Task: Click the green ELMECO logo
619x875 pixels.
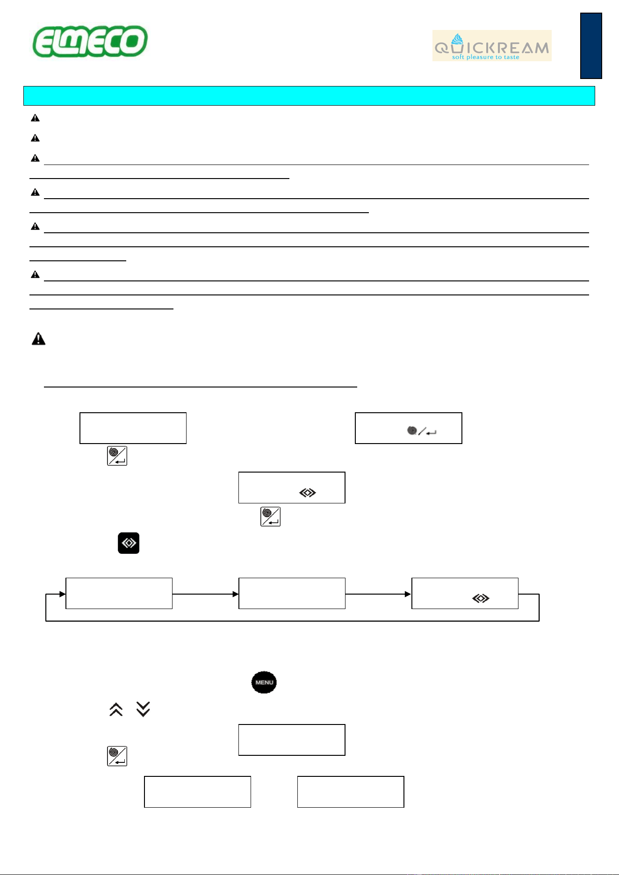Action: [x=90, y=42]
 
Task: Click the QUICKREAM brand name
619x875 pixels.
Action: [x=492, y=48]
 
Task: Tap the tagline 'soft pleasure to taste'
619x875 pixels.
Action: [x=486, y=57]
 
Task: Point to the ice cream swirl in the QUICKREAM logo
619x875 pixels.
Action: [x=457, y=39]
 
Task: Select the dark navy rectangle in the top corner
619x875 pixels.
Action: [x=591, y=46]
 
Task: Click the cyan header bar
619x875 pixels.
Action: [x=309, y=96]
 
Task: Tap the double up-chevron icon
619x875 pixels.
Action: [x=116, y=709]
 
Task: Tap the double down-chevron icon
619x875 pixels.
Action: [x=143, y=709]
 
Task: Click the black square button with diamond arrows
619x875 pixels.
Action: [x=129, y=543]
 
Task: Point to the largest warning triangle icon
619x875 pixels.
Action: [x=38, y=339]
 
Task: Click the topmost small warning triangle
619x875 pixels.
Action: [x=35, y=118]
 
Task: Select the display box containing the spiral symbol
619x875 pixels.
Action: [x=409, y=428]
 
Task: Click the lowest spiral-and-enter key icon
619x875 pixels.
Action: [x=117, y=756]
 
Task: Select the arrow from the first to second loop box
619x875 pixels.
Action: [x=206, y=594]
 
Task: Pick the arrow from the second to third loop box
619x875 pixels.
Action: [x=378, y=594]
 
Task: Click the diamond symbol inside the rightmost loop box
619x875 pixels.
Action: [x=481, y=598]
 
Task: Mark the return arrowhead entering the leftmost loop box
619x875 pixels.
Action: [x=63, y=594]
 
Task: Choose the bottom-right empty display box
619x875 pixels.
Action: [x=351, y=792]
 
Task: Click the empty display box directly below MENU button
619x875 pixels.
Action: [x=292, y=740]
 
